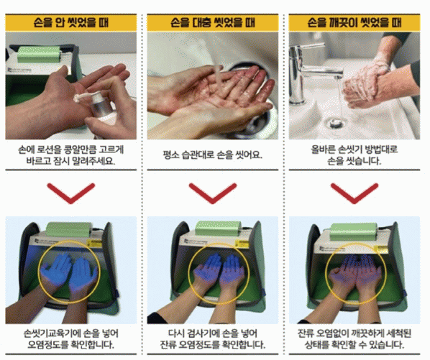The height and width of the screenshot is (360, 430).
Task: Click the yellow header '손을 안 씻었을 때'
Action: pyautogui.click(x=71, y=22)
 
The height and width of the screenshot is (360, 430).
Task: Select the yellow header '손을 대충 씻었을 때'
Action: pyautogui.click(x=213, y=22)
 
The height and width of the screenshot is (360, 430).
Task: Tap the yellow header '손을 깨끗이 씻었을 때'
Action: pyautogui.click(x=354, y=22)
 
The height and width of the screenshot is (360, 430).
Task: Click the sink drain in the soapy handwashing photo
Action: pyautogui.click(x=336, y=122)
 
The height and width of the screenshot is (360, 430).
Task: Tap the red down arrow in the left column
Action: pyautogui.click(x=71, y=193)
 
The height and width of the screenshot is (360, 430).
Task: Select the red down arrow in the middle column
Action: pyautogui.click(x=213, y=193)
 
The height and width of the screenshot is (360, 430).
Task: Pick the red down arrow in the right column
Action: pyautogui.click(x=354, y=193)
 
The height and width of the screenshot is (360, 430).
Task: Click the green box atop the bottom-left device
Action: pyautogui.click(x=69, y=230)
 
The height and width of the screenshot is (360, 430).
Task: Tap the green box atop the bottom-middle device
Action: pyautogui.click(x=218, y=229)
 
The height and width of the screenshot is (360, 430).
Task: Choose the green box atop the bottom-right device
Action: pyautogui.click(x=354, y=232)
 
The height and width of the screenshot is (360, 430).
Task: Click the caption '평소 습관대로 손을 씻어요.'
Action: pyautogui.click(x=213, y=155)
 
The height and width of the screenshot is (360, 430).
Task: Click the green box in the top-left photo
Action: pyautogui.click(x=39, y=54)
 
